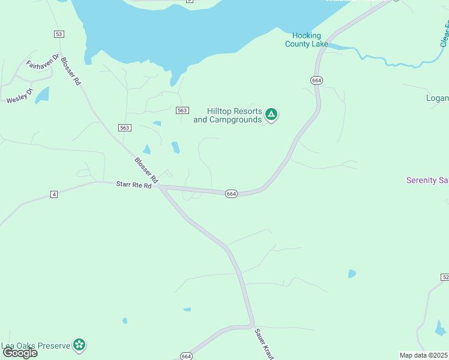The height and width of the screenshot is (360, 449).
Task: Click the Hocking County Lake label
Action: [307, 40]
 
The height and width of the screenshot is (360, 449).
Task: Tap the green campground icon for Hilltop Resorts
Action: [271, 115]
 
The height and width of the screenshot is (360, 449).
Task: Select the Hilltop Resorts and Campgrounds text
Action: [228, 115]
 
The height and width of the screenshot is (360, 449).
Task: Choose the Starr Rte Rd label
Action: [133, 185]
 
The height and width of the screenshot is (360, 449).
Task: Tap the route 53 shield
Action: [58, 34]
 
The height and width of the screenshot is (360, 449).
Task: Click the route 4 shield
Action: [54, 194]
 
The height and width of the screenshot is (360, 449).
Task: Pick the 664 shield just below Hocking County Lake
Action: [317, 80]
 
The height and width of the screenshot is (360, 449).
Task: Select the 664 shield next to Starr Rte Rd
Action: [232, 194]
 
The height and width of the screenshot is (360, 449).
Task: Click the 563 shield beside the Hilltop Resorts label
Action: [183, 110]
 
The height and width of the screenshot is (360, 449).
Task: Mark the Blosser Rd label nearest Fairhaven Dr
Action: [70, 72]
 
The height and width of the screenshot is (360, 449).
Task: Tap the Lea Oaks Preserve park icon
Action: [79, 344]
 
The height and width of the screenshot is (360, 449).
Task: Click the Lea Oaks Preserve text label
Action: [35, 346]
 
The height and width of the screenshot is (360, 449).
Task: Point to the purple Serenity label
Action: [427, 180]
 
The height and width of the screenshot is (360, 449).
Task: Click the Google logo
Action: [20, 353]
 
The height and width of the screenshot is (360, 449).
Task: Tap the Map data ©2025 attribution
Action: [423, 355]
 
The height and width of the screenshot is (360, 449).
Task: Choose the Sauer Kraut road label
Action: [265, 343]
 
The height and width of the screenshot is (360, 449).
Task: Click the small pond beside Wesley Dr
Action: [42, 95]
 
